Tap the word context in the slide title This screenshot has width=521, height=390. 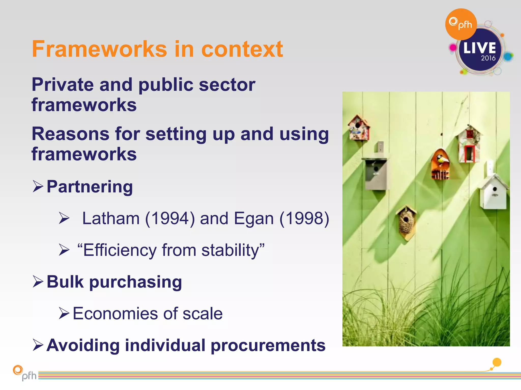242,49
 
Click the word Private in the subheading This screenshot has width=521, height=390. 63,85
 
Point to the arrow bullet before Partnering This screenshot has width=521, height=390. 38,187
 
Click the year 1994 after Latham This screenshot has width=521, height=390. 170,218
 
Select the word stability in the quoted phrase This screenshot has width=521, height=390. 230,250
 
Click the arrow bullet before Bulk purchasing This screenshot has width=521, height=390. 38,282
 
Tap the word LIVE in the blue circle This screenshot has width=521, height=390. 480,48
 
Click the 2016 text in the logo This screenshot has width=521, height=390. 488,58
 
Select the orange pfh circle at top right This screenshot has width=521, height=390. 461,24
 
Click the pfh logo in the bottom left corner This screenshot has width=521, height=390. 25,373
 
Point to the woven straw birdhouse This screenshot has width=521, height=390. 406,222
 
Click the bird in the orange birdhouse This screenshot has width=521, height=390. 442,160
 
